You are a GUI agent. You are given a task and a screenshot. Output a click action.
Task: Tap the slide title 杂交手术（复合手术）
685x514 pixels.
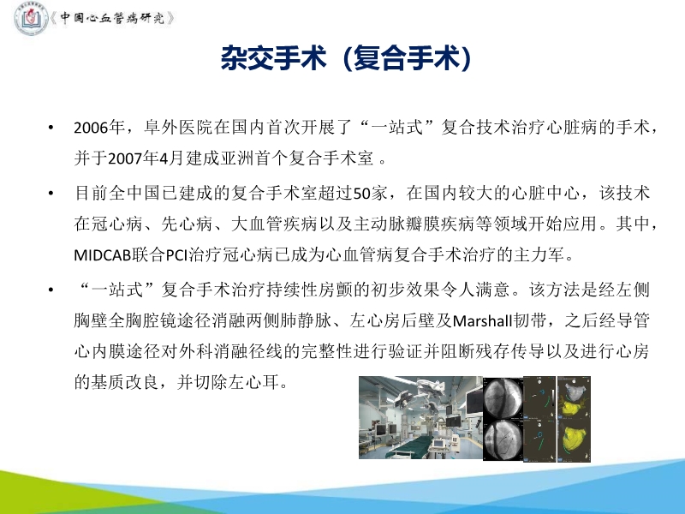click(342, 60)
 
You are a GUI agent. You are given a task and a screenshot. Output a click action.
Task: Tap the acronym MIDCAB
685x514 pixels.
click(107, 256)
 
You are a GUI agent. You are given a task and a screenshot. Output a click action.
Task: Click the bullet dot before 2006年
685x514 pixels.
click(53, 129)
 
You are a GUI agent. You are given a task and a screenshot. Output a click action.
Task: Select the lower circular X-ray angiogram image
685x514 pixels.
click(504, 439)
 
